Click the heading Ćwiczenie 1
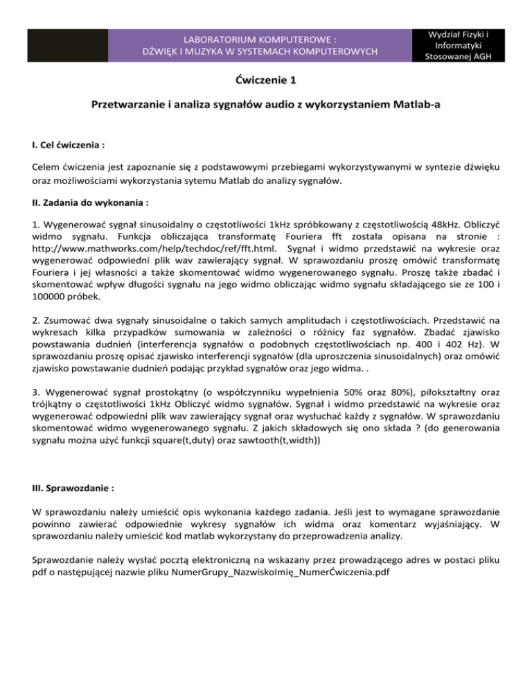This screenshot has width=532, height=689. [x=266, y=80]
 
